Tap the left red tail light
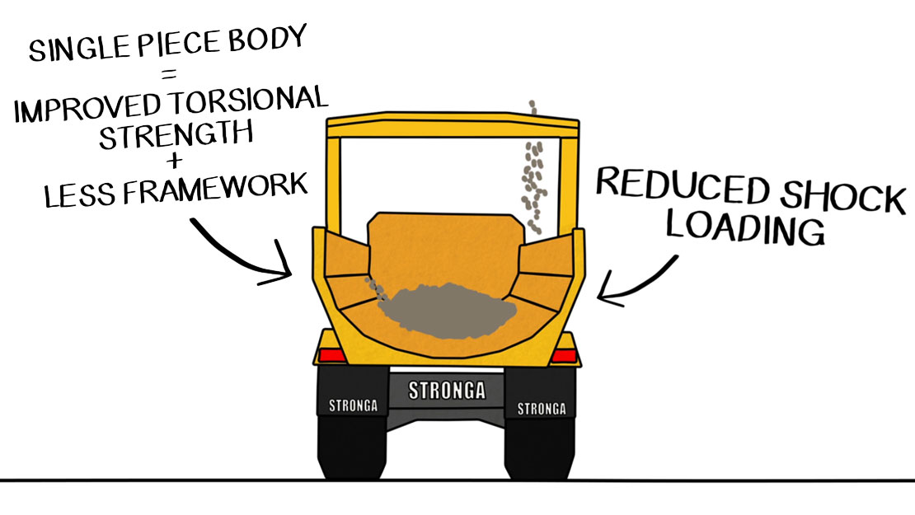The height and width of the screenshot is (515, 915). click(332, 355)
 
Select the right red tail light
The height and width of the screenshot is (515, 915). click(564, 355)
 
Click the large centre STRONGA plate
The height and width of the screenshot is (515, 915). click(448, 389)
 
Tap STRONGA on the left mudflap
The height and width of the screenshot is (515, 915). click(354, 405)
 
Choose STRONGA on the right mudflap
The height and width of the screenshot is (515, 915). click(541, 408)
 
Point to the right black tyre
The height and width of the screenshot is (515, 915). click(540, 449)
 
